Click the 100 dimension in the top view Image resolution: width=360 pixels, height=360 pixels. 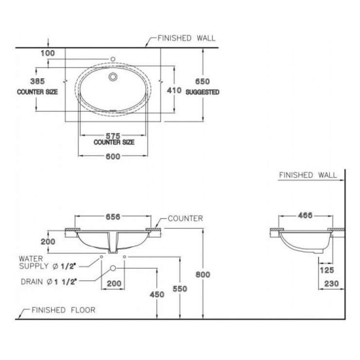pos(48,52)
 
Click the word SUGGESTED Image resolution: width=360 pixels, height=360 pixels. pos(202,91)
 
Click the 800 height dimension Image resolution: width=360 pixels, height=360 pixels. pos(203,275)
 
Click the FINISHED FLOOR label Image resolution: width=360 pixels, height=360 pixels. pos(63,309)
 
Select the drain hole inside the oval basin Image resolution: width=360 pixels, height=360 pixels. pos(113,76)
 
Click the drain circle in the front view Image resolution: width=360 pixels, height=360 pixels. pos(113,269)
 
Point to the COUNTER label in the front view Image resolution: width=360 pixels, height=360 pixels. pos(185,218)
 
